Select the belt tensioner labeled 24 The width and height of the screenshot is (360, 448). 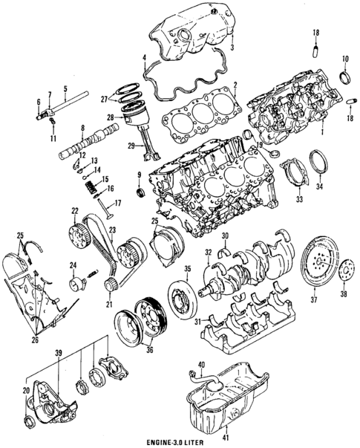tap(77, 282)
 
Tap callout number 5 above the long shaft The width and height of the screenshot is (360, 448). tap(65, 86)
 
